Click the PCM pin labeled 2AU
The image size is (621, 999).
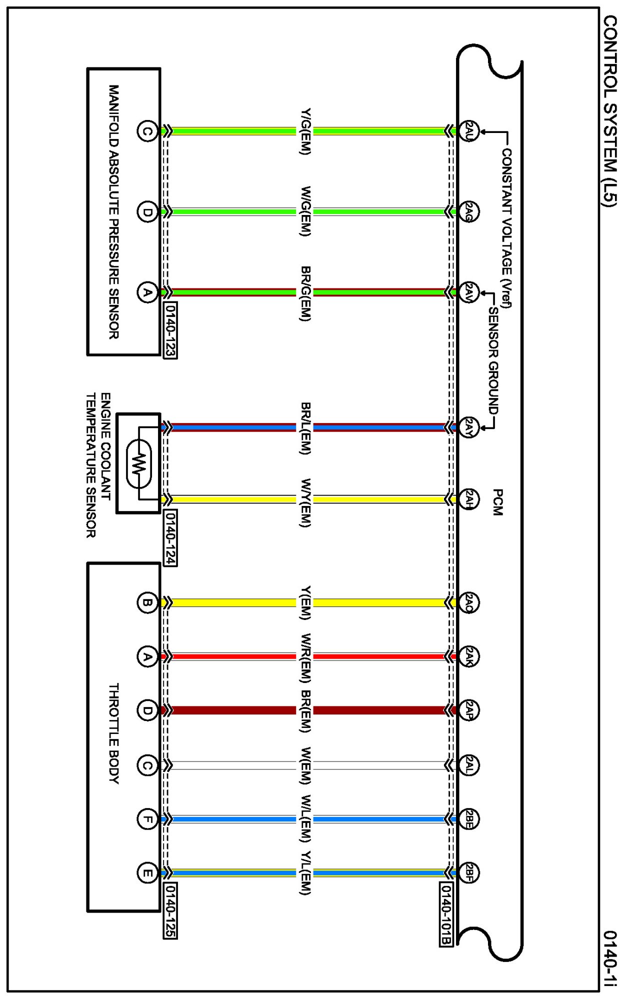pyautogui.click(x=468, y=131)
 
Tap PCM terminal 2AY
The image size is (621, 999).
pyautogui.click(x=468, y=427)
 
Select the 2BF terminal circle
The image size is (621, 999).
pyautogui.click(x=468, y=873)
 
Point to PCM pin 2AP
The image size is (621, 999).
pyautogui.click(x=468, y=710)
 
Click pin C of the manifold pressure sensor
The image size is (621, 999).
pyautogui.click(x=146, y=131)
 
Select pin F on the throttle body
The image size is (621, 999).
pyautogui.click(x=146, y=819)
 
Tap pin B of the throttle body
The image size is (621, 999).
pyautogui.click(x=146, y=602)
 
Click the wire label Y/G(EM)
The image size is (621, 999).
pyautogui.click(x=305, y=131)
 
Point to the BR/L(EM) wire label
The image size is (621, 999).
pyautogui.click(x=305, y=428)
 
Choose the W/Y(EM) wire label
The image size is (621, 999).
pyautogui.click(x=305, y=502)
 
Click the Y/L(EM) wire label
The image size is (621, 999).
pyautogui.click(x=305, y=873)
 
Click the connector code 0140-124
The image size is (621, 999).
pyautogui.click(x=170, y=537)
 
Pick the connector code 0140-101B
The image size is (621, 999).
pyautogui.click(x=446, y=914)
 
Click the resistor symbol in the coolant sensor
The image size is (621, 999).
pyautogui.click(x=138, y=463)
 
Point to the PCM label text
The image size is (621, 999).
pyautogui.click(x=497, y=502)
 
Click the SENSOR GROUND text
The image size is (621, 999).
pyautogui.click(x=493, y=360)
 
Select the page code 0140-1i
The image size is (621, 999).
pyautogui.click(x=609, y=958)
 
